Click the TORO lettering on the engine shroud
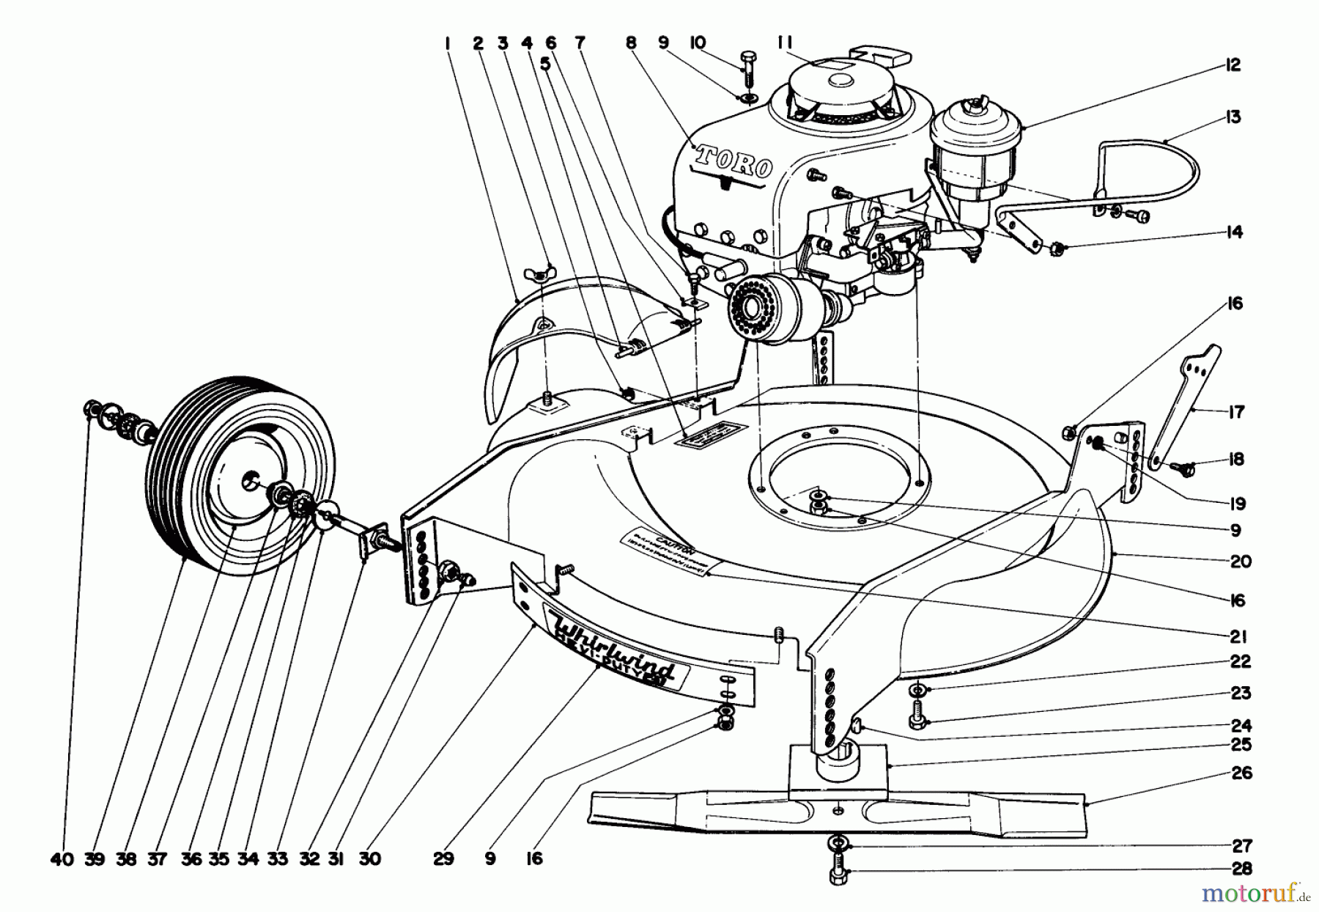click(734, 162)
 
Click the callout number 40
click(64, 858)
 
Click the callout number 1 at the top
click(446, 44)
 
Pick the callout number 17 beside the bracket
click(1236, 413)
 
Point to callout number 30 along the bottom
click(370, 858)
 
